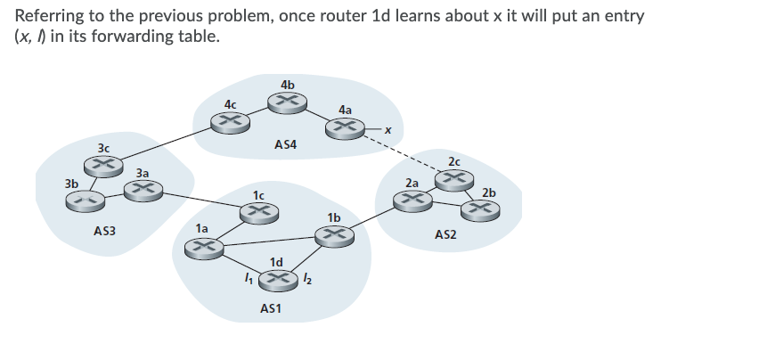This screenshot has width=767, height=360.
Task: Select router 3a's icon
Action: tap(142, 189)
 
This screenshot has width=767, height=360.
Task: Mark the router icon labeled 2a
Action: tap(412, 200)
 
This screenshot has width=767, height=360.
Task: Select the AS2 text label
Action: tap(445, 234)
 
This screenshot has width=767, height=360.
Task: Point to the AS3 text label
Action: tap(104, 232)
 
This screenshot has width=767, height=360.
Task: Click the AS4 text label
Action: tap(286, 143)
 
